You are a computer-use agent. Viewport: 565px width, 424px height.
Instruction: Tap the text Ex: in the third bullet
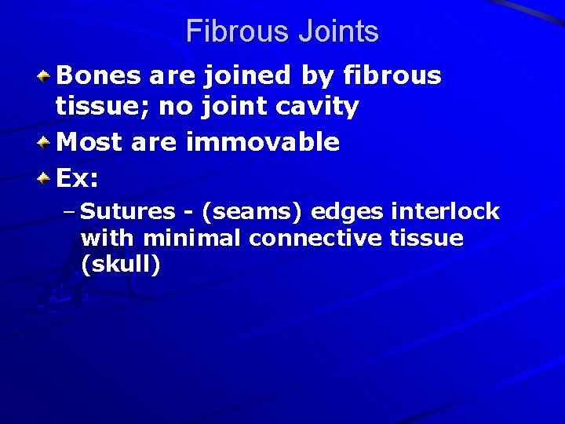tap(78, 178)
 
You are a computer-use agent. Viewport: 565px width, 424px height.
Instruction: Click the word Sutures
tap(128, 212)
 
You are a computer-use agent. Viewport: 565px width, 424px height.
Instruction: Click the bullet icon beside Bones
tap(46, 77)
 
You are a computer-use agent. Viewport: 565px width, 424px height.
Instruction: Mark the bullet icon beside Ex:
tap(46, 178)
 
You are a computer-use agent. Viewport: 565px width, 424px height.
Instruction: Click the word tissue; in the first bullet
tap(103, 107)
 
